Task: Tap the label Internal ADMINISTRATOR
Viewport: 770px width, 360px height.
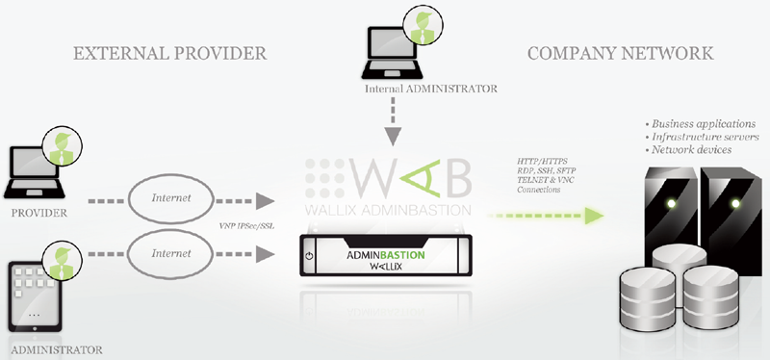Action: pyautogui.click(x=430, y=90)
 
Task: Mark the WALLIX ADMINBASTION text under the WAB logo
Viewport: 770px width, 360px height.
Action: pyautogui.click(x=389, y=210)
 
